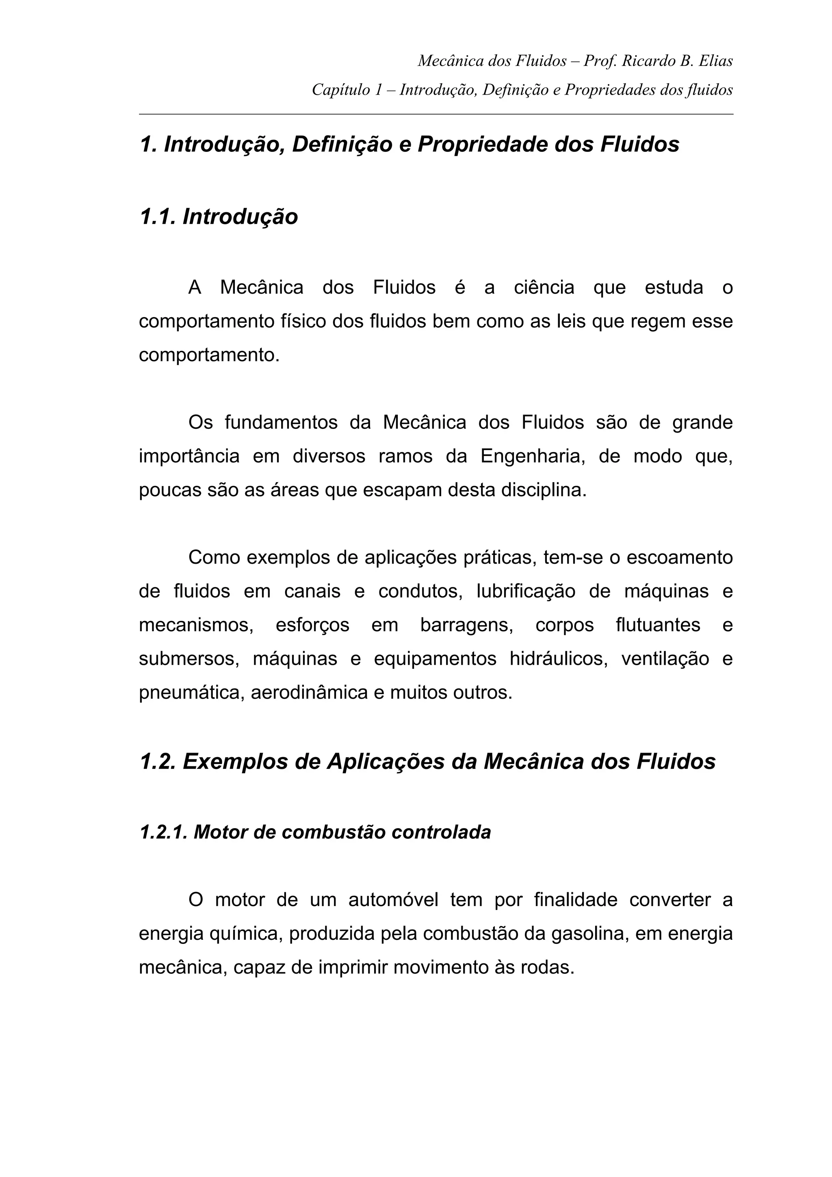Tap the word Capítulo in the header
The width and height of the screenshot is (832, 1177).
(340, 90)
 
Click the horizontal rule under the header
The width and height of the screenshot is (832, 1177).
(436, 114)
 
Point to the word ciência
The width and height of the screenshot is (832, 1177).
(544, 287)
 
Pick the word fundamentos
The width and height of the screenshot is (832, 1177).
(281, 422)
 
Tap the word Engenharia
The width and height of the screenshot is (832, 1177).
(533, 456)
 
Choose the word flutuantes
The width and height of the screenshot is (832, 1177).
(658, 625)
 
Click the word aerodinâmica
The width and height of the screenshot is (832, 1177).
(309, 692)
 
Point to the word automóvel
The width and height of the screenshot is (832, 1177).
(393, 900)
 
